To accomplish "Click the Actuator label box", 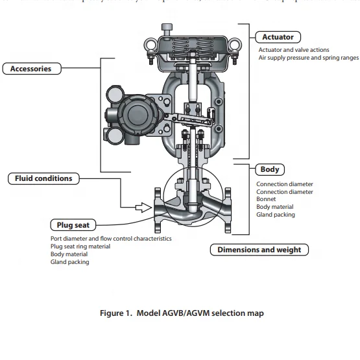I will click(278, 37).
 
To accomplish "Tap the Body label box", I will click(269, 170).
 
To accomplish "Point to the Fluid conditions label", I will click(40, 178).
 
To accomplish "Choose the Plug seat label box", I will click(73, 225).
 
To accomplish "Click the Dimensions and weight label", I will click(259, 250).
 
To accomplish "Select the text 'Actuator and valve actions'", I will click(293, 50).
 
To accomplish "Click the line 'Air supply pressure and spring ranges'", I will click(308, 58).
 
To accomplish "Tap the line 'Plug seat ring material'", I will click(80, 246).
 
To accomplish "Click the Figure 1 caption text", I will click(181, 313).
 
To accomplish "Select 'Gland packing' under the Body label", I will click(275, 215).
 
